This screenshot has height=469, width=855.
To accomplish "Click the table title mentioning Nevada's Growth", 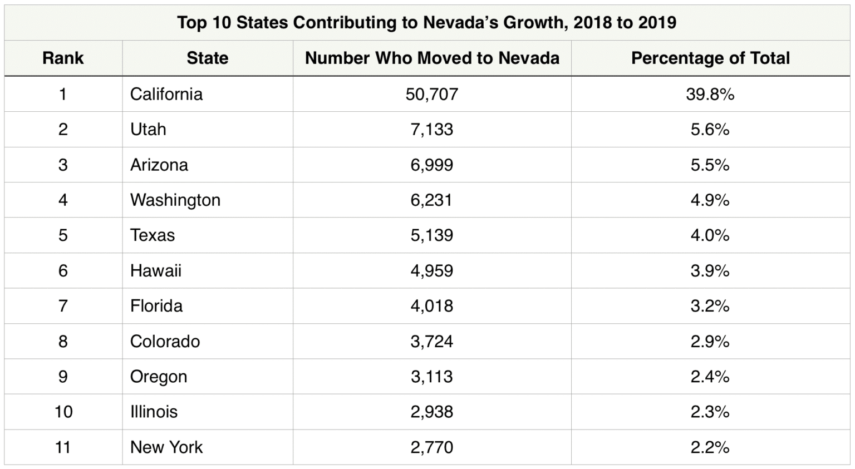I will click(x=426, y=22).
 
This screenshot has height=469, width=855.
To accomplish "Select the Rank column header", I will click(x=63, y=58).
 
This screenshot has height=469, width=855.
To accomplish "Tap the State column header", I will click(x=207, y=58).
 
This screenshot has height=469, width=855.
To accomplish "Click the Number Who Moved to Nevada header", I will click(x=432, y=58).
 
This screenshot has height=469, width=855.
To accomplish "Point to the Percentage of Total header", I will click(x=710, y=58).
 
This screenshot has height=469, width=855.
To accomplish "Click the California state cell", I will click(x=166, y=94).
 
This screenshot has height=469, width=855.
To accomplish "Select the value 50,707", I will click(x=432, y=94).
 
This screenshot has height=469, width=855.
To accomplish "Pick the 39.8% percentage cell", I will click(x=710, y=94).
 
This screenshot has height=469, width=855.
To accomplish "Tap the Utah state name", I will click(x=148, y=129).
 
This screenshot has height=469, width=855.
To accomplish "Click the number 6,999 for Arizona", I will click(x=432, y=165).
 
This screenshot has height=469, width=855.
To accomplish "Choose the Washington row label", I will click(x=175, y=200).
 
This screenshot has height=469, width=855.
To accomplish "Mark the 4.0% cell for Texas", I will click(x=710, y=235).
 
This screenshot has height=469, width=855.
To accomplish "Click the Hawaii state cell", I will click(x=156, y=270).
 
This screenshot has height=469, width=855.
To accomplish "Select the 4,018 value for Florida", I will click(x=432, y=305).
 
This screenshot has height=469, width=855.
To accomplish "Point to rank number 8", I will click(x=63, y=341).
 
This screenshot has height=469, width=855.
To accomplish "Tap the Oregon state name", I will click(x=159, y=377).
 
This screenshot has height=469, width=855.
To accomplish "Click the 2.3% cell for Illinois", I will click(x=710, y=412).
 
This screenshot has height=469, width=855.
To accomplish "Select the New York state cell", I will click(x=166, y=447).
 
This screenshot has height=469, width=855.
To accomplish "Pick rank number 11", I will click(x=63, y=447).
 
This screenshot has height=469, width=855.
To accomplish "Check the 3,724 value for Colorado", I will click(x=432, y=341).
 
